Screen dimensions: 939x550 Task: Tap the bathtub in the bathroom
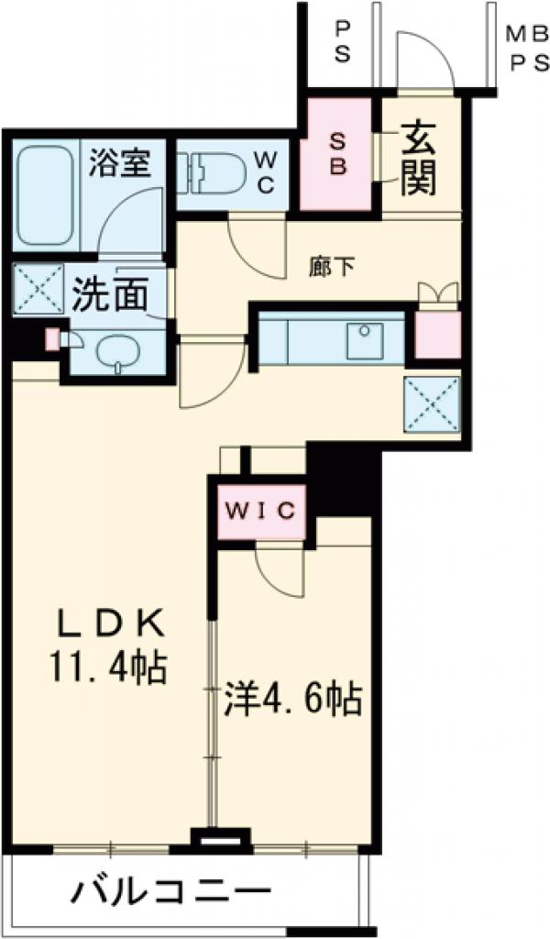point(47,194)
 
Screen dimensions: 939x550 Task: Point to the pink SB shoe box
point(337,154)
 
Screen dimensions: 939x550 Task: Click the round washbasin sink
point(116,351)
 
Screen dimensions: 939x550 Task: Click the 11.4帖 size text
point(108,668)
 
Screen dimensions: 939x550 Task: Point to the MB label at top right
point(523,35)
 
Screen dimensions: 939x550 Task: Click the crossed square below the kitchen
point(431,403)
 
